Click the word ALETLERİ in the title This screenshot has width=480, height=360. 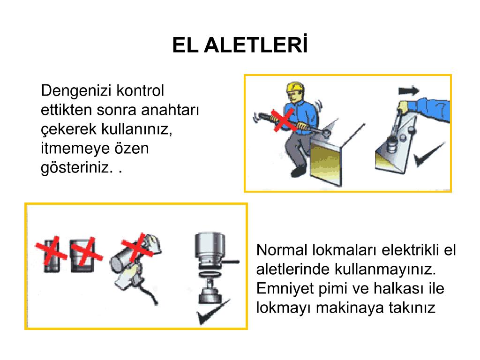[x=255, y=45]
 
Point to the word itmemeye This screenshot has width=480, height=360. [x=75, y=149]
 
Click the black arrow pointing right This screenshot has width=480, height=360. [x=409, y=90]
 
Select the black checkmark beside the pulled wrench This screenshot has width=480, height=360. [x=429, y=154]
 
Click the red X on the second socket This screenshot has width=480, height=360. [x=86, y=252]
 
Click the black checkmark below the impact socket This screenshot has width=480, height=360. [x=213, y=313]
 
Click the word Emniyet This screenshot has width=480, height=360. [x=285, y=289]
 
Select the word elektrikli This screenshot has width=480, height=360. [x=411, y=250]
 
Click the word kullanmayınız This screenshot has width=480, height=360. [x=385, y=270]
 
